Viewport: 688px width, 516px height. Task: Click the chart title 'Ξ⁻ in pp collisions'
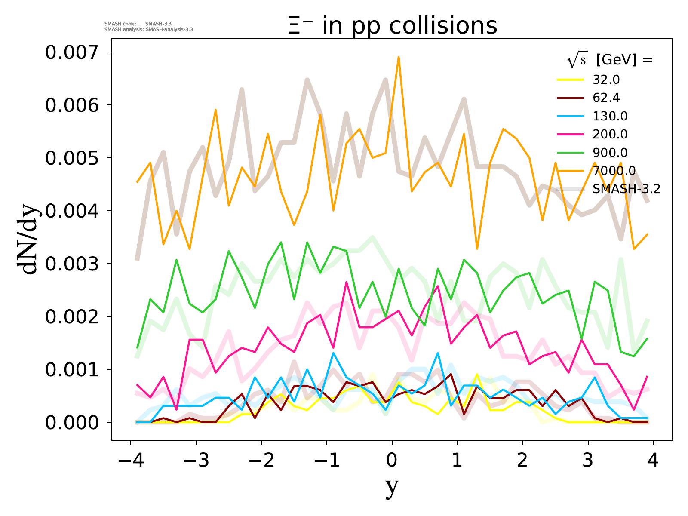pyautogui.click(x=392, y=26)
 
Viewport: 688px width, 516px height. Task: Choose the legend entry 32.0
pyautogui.click(x=606, y=80)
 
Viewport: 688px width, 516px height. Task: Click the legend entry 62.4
pyautogui.click(x=606, y=98)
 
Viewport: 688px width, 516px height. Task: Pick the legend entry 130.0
pyautogui.click(x=610, y=116)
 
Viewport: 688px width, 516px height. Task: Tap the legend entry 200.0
pyautogui.click(x=610, y=135)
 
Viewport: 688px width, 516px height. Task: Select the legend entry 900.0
pyautogui.click(x=610, y=153)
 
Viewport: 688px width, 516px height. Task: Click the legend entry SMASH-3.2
pyautogui.click(x=626, y=189)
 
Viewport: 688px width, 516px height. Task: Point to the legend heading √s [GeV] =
pyautogui.click(x=610, y=60)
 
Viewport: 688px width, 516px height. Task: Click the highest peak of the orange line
pyautogui.click(x=399, y=57)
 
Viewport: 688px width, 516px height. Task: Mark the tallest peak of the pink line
pyautogui.click(x=346, y=282)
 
